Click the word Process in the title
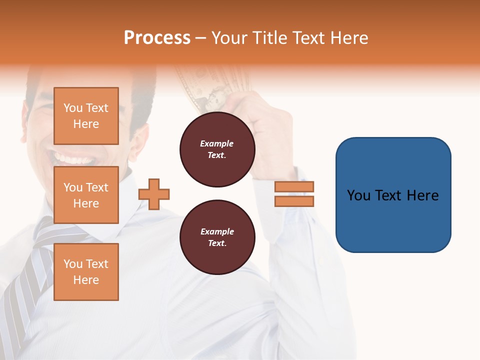(x=157, y=38)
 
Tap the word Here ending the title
(x=350, y=38)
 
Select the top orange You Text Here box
(x=86, y=116)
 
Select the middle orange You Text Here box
(x=86, y=195)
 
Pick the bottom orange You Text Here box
(x=86, y=271)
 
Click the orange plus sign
(x=154, y=194)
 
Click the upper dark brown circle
(x=217, y=149)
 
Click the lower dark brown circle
(x=217, y=237)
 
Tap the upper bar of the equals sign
(x=294, y=187)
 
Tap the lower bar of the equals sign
(x=294, y=201)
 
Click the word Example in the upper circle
(x=217, y=143)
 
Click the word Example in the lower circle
(x=217, y=231)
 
